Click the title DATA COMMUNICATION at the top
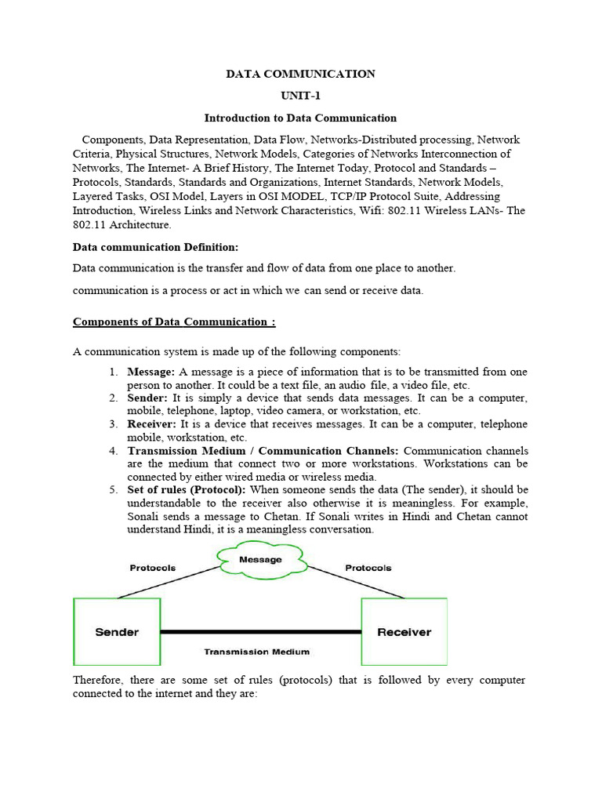click(300, 74)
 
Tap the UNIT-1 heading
click(300, 96)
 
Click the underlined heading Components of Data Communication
click(174, 322)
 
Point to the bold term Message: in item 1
click(150, 371)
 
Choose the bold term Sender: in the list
click(147, 398)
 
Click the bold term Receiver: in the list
click(152, 424)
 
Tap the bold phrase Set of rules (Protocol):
click(187, 490)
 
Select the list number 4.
click(113, 451)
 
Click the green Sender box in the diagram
click(117, 631)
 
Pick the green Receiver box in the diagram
click(404, 631)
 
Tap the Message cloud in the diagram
click(260, 560)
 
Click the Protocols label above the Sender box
click(153, 568)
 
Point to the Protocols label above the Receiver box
click(368, 568)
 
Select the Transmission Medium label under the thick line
click(256, 652)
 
